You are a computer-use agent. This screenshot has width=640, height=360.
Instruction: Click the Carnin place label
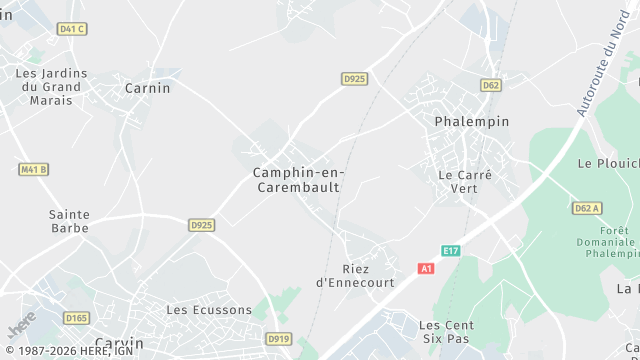pos(147,88)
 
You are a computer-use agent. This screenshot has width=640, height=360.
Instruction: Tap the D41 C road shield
pos(72,29)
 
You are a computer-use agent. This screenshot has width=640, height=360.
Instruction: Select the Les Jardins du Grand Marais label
pos(52,86)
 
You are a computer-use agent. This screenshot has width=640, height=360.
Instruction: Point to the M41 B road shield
pos(34,169)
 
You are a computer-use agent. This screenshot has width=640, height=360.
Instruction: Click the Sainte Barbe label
pos(69,221)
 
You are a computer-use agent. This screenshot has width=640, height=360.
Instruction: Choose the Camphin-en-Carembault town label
pos(297,180)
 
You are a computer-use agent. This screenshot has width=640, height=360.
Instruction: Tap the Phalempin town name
pos(472,121)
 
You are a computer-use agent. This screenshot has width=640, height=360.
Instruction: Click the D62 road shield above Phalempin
pos(490,85)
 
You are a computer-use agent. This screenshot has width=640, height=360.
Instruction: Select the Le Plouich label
pos(608,163)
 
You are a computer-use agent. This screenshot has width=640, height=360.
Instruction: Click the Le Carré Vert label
pos(466,181)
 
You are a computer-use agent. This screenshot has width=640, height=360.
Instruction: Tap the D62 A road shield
pos(587,208)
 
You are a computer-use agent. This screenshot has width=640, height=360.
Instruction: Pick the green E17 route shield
pos(451,250)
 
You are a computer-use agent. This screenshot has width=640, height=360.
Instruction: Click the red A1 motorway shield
pos(427,269)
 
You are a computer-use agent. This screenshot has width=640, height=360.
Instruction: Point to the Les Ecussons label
pos(209,310)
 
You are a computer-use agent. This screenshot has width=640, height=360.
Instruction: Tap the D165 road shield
pos(76,318)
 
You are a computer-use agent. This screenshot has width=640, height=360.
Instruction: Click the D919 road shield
pos(279,340)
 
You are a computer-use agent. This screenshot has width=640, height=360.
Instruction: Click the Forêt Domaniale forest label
pos(608,242)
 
